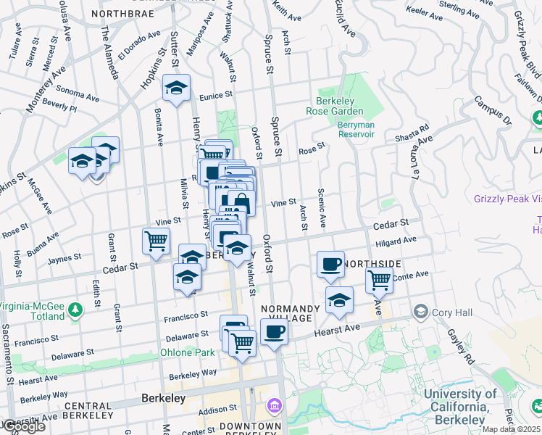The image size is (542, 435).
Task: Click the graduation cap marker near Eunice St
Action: click(176, 88)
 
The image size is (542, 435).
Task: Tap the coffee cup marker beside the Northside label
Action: click(330, 263)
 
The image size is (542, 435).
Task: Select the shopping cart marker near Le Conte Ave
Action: click(378, 279)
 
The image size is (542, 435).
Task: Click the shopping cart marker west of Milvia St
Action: click(156, 240)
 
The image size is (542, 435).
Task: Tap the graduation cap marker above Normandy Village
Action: click(338, 299)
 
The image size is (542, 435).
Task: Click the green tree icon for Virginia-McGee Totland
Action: click(75, 311)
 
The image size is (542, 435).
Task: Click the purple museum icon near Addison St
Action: click(274, 405)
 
